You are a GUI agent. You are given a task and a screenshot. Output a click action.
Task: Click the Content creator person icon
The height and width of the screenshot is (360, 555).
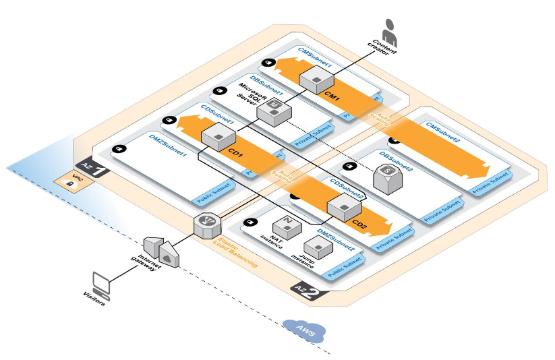(389, 31)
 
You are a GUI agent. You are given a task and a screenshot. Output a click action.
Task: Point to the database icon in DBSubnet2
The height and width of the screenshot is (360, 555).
(386, 179)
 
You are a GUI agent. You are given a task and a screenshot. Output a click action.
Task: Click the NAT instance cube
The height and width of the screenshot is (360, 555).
(285, 229)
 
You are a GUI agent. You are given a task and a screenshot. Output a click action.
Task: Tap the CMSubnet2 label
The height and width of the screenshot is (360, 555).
(442, 131)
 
